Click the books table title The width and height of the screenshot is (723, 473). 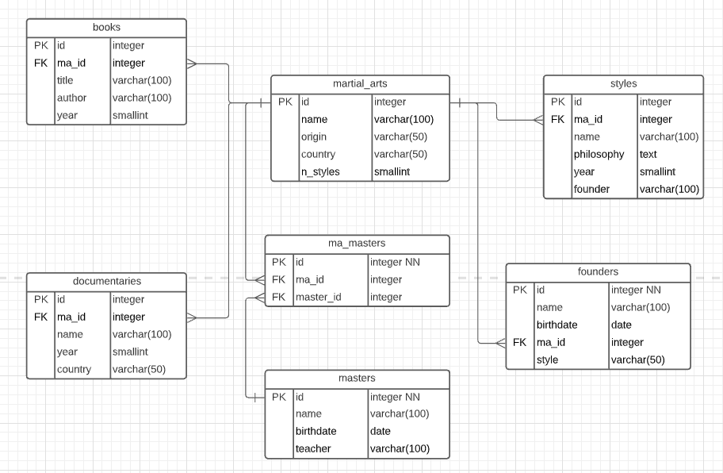click(106, 28)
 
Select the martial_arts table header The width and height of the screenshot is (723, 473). click(360, 83)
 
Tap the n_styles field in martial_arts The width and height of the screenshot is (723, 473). click(320, 171)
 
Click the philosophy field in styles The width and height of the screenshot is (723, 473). click(599, 154)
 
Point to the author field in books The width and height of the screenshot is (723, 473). click(71, 98)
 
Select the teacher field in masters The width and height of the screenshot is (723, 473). click(313, 448)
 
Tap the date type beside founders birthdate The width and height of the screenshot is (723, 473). click(622, 325)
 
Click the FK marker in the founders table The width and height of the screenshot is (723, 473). click(519, 342)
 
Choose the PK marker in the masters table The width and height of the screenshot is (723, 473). click(278, 397)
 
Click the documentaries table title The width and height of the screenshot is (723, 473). click(106, 281)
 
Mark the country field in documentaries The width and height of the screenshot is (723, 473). click(74, 369)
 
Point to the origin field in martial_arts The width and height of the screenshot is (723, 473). click(314, 137)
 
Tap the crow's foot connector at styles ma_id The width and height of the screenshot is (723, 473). click(537, 120)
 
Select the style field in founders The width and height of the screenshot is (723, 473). click(547, 360)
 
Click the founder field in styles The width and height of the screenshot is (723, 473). click(591, 189)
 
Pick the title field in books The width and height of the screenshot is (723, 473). click(65, 80)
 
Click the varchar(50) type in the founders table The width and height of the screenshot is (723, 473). click(637, 360)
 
